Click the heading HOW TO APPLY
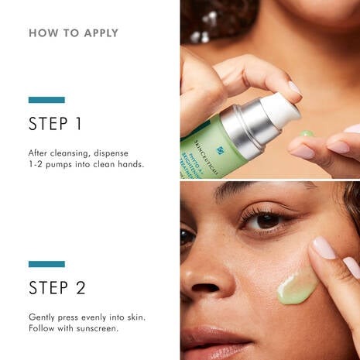tap(74, 33)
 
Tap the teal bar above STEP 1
tap(46, 100)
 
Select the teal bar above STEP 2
tap(46, 264)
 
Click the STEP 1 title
tap(55, 124)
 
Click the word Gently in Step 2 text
tap(44, 317)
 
